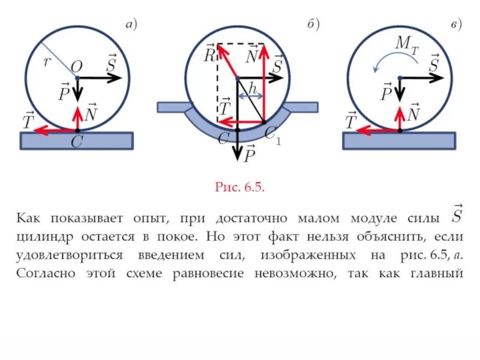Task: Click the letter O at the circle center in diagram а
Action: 77,65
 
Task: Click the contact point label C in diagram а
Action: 76,143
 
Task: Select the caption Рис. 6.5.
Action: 239,187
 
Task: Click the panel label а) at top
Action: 131,25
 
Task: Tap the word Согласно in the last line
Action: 44,274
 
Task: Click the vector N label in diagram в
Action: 413,112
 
